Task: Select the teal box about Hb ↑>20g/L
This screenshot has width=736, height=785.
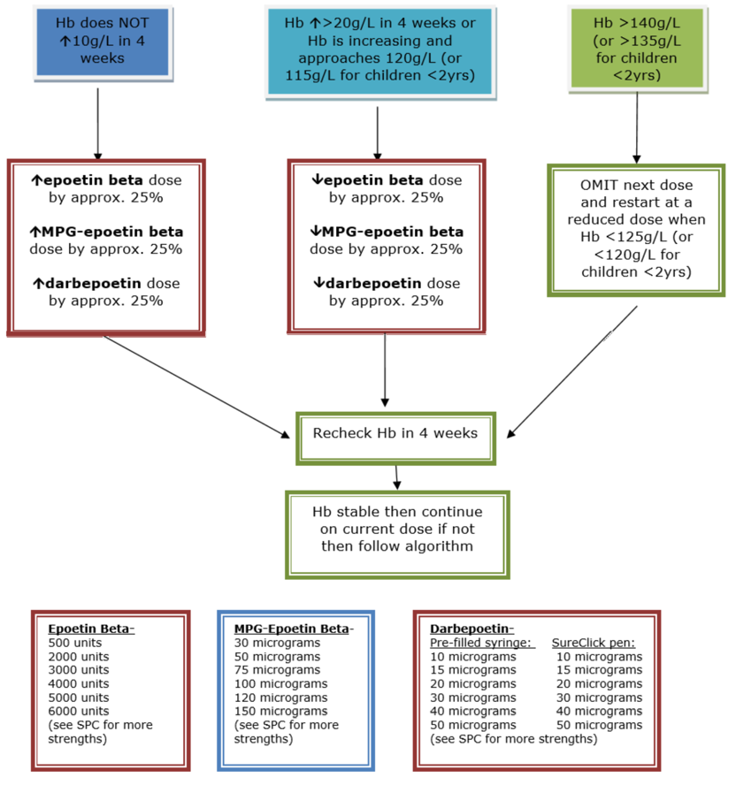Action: [378, 50]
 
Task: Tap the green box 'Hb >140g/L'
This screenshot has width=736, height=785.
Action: [637, 48]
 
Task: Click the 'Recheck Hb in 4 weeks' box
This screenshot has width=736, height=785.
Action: [395, 433]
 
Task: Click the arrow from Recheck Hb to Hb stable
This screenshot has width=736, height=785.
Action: [396, 476]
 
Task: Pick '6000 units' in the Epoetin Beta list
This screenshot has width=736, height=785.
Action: [80, 711]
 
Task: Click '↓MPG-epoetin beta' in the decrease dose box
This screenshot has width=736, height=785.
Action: [387, 232]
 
